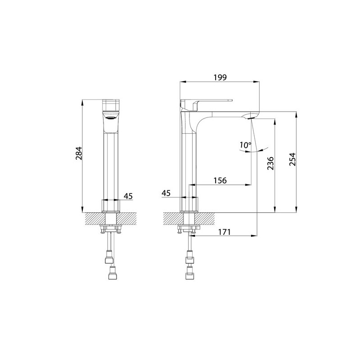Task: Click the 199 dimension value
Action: [x=220, y=77]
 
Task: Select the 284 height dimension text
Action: [x=78, y=153]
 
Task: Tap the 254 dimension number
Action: [x=292, y=159]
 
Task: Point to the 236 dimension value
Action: [x=270, y=163]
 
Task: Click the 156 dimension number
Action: [x=220, y=180]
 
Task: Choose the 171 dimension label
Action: [x=224, y=232]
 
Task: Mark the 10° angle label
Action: [x=245, y=145]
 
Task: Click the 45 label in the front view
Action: [x=128, y=196]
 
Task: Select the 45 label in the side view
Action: [x=166, y=193]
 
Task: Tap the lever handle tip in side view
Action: [x=231, y=100]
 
